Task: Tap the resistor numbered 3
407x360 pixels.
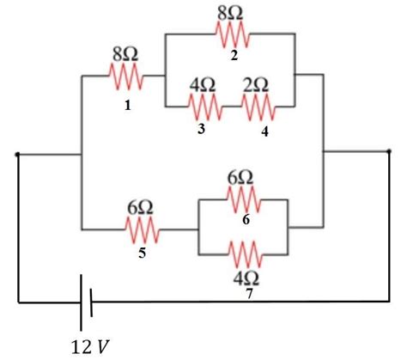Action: click(x=204, y=107)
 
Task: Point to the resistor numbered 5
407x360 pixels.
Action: click(x=143, y=229)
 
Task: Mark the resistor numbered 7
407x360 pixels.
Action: click(x=246, y=254)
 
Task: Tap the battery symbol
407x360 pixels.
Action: click(x=85, y=302)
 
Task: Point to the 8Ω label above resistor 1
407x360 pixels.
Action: click(x=126, y=54)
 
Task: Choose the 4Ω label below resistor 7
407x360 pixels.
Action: click(x=246, y=278)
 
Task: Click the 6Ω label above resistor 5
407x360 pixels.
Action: click(x=142, y=207)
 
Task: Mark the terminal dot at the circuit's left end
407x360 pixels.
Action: click(x=18, y=156)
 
